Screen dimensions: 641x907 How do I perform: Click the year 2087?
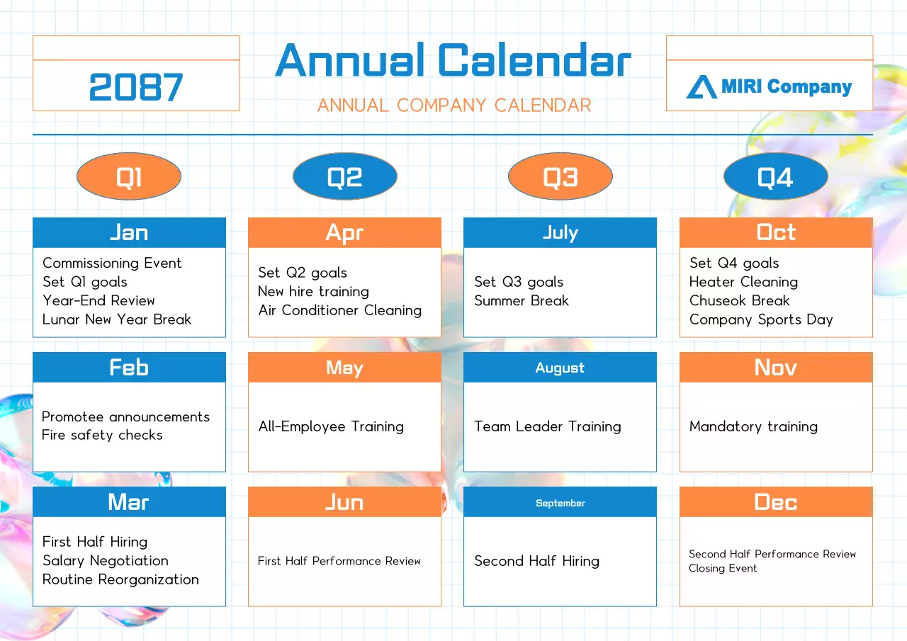tap(136, 88)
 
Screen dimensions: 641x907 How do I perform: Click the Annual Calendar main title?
tap(453, 61)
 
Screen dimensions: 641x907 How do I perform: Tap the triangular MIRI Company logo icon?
tap(702, 87)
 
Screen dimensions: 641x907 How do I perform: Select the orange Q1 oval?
tap(129, 177)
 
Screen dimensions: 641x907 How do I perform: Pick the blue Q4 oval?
tap(775, 177)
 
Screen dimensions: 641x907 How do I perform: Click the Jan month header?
tap(129, 232)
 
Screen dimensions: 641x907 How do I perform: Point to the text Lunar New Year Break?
tap(117, 319)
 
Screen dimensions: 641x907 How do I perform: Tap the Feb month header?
tap(129, 367)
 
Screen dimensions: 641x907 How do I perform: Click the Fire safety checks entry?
tap(102, 436)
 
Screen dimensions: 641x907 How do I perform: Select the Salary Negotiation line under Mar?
tap(106, 561)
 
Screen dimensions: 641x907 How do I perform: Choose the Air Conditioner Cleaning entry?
tap(339, 310)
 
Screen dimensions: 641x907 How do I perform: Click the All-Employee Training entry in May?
tap(331, 426)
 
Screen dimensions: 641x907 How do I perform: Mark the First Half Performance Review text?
tap(339, 561)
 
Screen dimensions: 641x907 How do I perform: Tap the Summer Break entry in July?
tap(521, 301)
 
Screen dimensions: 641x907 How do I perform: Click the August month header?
tap(560, 368)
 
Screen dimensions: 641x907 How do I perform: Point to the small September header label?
tap(560, 503)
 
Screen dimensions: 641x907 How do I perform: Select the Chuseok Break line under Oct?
tap(739, 300)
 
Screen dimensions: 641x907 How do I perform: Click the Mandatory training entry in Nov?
tap(753, 426)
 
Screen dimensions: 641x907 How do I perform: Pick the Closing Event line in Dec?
tap(723, 568)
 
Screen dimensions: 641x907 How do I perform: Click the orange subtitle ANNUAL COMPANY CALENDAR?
tap(453, 106)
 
